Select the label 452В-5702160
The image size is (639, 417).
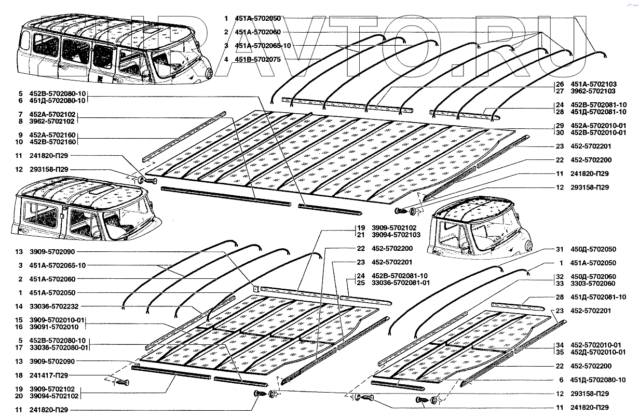[x=53, y=142]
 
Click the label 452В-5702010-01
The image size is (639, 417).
[x=596, y=132]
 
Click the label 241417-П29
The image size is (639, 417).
[x=48, y=375]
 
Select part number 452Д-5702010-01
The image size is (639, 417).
[x=596, y=352]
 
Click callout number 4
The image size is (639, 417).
[x=226, y=60]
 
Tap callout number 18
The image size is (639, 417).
[x=19, y=375]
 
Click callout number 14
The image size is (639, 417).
[x=19, y=306]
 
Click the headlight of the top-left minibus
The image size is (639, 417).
[x=210, y=73]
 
